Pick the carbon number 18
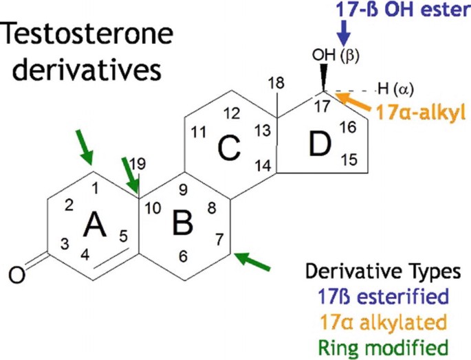[276, 82]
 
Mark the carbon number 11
[199, 133]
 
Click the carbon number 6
[183, 256]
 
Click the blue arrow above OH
[344, 32]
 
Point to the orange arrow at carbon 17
[350, 101]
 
